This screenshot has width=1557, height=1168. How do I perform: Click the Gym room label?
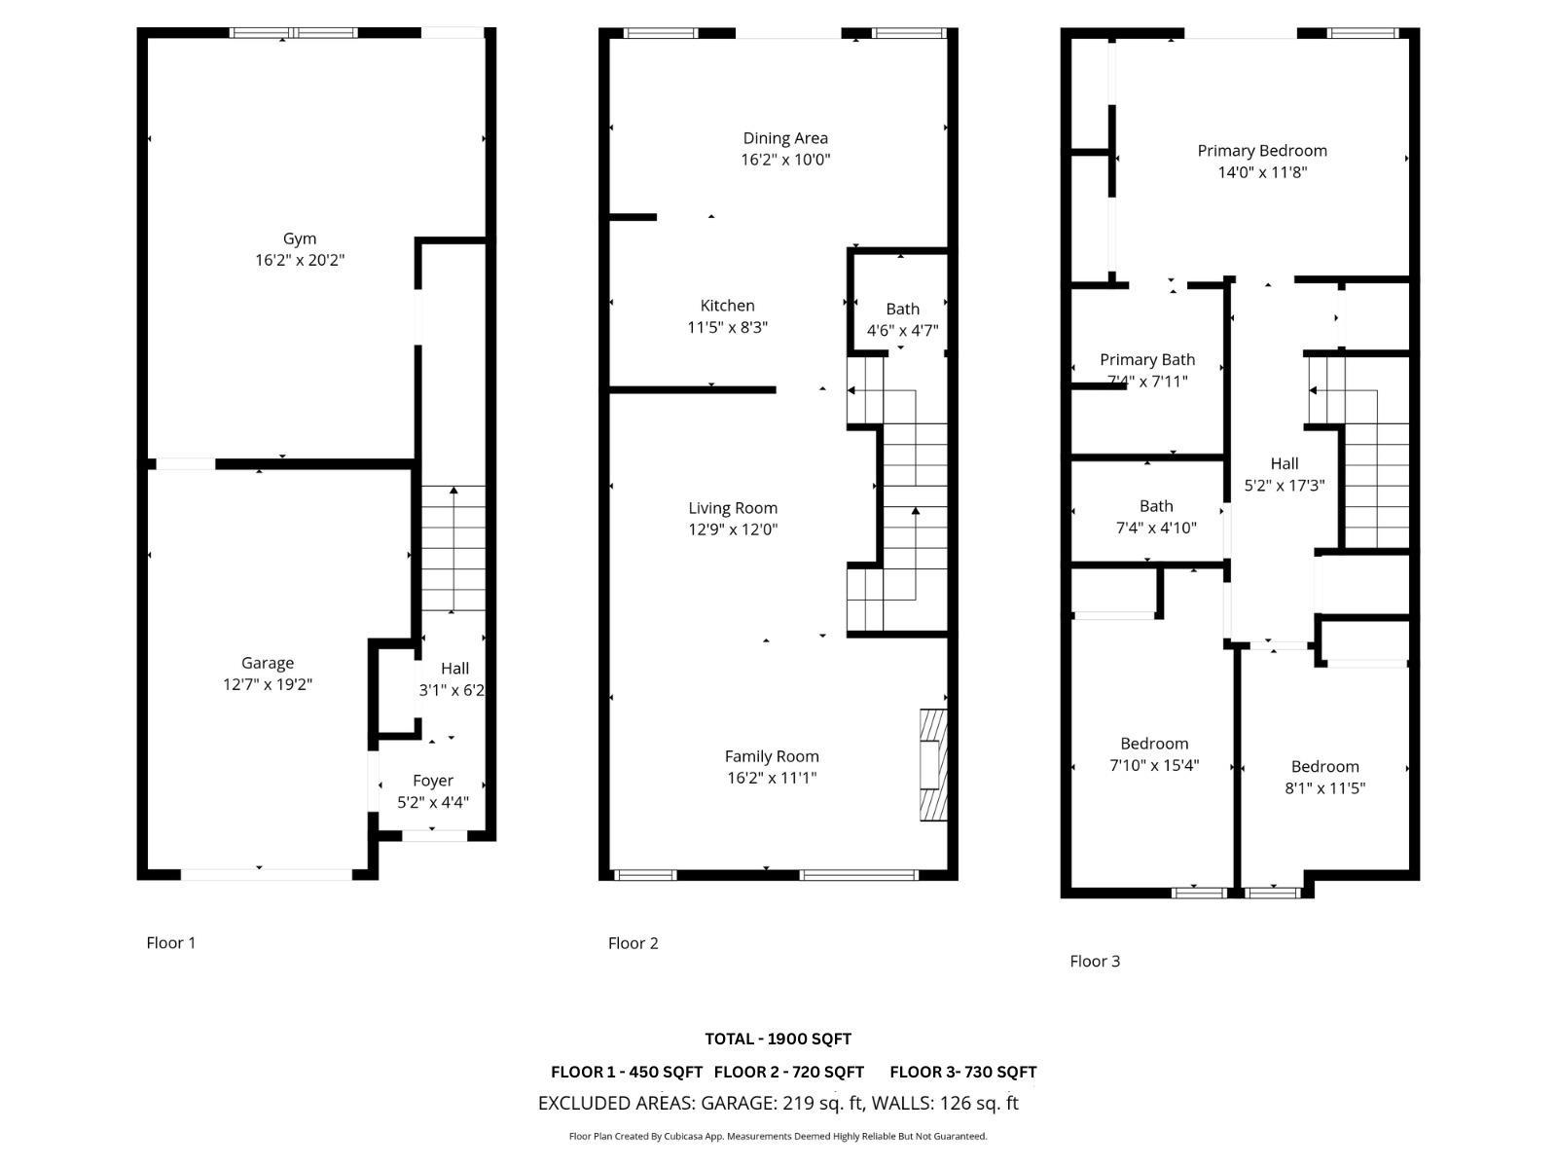(300, 238)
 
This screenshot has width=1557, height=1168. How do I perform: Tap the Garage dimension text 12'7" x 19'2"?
(268, 684)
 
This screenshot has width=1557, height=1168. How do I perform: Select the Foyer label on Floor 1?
(433, 781)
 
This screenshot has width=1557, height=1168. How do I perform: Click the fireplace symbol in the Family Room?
(933, 764)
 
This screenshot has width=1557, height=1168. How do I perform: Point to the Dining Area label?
(785, 138)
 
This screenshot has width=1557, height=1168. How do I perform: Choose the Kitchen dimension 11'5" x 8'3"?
(728, 328)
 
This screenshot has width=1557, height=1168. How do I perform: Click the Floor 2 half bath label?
(902, 309)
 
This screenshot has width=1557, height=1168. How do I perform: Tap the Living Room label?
(733, 508)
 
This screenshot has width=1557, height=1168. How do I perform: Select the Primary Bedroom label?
(1262, 151)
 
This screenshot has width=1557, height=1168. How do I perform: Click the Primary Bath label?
(1147, 360)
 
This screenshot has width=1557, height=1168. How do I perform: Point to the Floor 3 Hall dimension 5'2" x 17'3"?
(1285, 486)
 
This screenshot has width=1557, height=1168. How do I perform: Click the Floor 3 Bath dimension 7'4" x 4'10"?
(1156, 529)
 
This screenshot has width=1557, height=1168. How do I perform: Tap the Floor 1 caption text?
(171, 942)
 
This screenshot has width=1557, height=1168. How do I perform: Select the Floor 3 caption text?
(1095, 961)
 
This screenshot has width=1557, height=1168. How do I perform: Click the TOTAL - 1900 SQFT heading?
(778, 1039)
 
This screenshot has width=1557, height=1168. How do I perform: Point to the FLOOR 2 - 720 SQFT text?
(788, 1072)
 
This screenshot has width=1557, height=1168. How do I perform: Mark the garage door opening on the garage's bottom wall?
(267, 874)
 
